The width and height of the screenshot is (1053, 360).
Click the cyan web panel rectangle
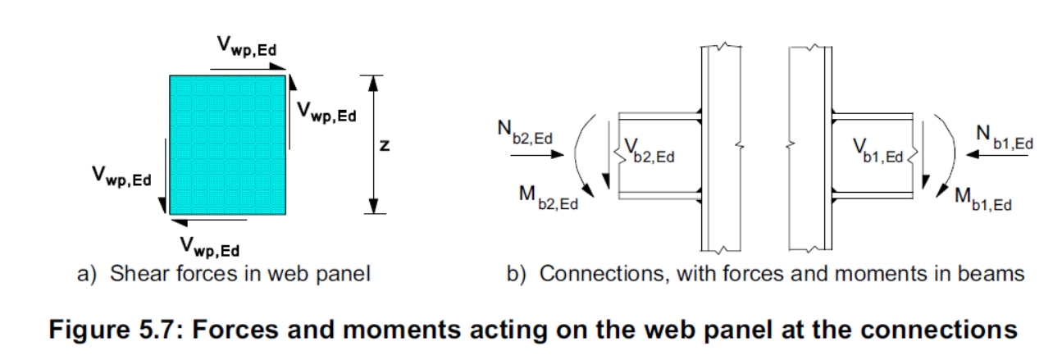[x=227, y=144]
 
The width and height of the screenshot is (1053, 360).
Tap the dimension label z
[x=383, y=145]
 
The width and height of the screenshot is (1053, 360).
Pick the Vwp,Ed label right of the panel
[x=326, y=113]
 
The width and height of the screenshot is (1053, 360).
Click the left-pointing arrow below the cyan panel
[x=208, y=220]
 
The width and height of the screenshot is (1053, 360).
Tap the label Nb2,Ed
[x=526, y=132]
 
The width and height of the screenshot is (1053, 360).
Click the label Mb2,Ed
[x=546, y=198]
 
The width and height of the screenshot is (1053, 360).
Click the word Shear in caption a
[x=137, y=273]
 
